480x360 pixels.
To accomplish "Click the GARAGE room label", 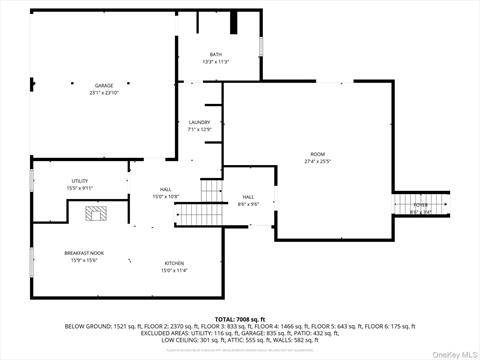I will [104, 86].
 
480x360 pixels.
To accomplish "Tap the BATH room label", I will [216, 54].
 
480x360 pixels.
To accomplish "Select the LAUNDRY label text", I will [200, 122].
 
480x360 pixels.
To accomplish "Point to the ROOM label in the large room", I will [317, 154].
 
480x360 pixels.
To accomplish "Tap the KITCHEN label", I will [174, 263].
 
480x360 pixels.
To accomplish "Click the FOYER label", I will [421, 205].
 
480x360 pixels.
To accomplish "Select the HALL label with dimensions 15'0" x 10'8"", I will [165, 189].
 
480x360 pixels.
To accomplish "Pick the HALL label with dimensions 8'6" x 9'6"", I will [248, 197].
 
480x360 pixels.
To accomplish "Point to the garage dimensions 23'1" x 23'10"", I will [104, 93].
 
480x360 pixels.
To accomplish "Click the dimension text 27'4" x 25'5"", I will [317, 161].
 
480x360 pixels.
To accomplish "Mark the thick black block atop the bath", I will [235, 22].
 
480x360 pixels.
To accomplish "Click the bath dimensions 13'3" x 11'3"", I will [216, 62].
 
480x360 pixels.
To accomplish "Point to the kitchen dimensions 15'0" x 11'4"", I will [174, 270].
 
